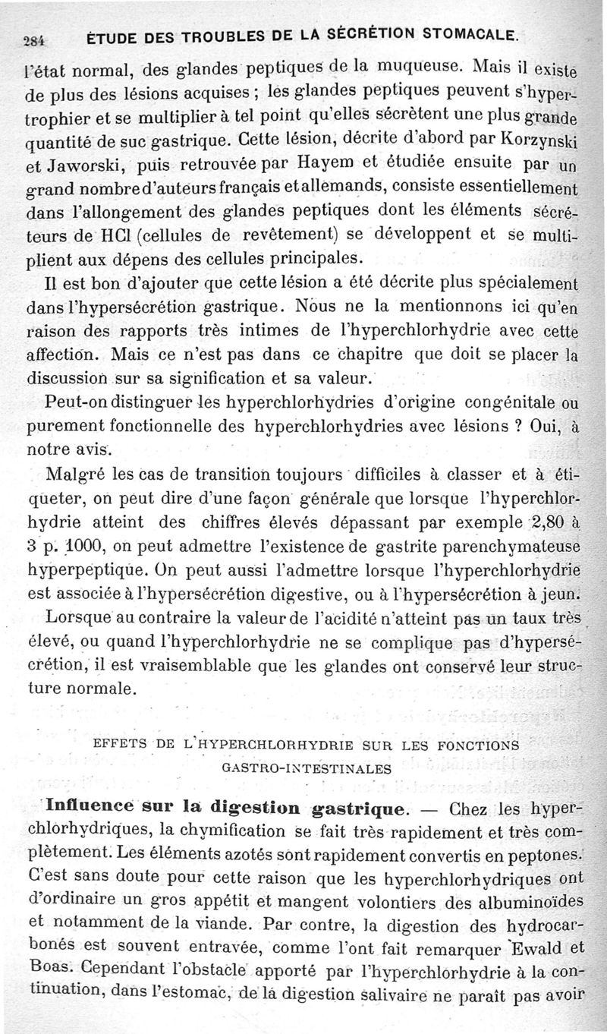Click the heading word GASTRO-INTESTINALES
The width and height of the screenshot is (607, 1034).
pyautogui.click(x=307, y=767)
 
